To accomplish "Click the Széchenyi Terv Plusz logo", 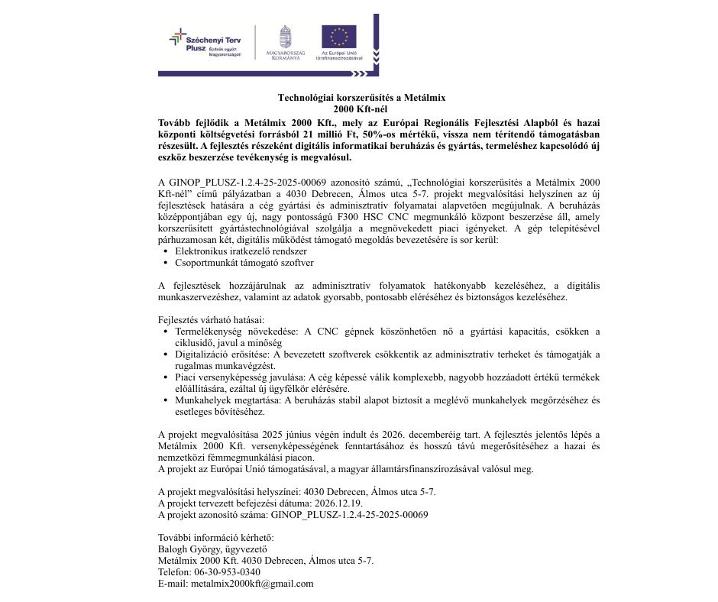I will (204, 44).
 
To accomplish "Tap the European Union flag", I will (338, 37).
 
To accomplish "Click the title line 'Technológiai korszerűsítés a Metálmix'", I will (361, 98).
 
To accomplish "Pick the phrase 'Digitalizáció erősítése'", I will (222, 354).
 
